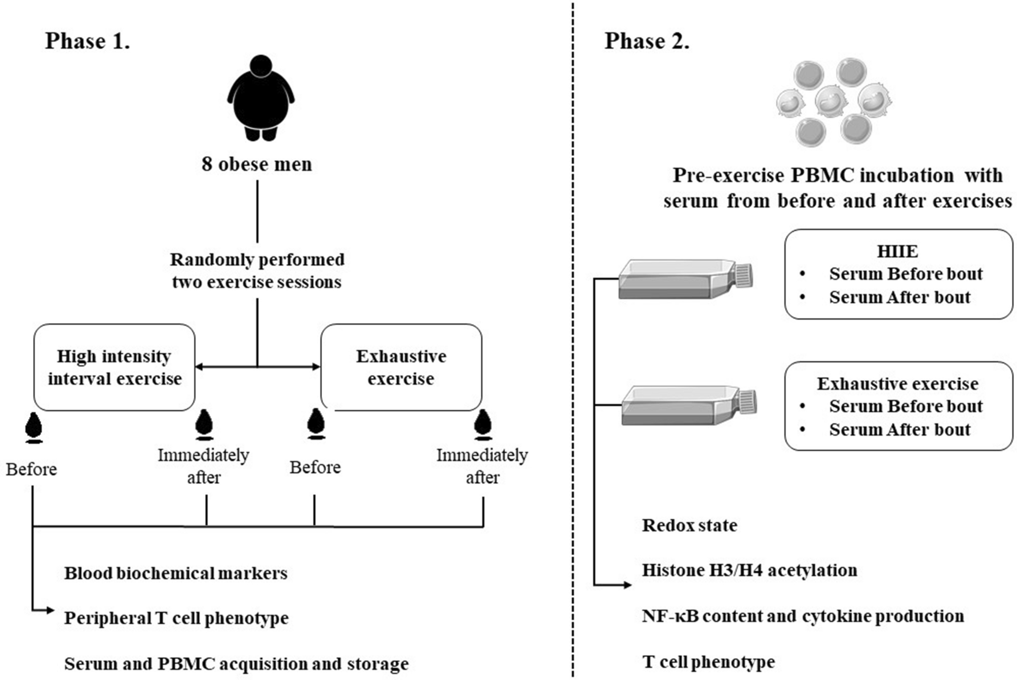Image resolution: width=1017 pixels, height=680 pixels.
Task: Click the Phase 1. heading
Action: coord(87,41)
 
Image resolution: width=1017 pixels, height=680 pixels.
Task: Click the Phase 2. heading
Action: coord(647,41)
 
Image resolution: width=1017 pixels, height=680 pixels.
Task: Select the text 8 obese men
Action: coord(257,164)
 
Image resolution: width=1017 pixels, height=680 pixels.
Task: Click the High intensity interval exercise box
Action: coord(115,367)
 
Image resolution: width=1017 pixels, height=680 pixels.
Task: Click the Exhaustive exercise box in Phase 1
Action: coord(401,367)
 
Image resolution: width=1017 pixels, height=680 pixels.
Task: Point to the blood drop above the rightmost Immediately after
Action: coord(482,424)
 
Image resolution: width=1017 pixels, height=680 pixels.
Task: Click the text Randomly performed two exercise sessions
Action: coord(257,270)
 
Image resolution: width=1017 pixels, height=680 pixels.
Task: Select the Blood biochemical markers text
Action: coord(175,573)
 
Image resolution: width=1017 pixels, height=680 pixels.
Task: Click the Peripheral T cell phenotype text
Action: coord(176,618)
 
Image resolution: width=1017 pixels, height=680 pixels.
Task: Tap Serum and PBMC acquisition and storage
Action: coord(236,664)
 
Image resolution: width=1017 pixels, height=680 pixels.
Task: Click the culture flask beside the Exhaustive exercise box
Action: coord(688,405)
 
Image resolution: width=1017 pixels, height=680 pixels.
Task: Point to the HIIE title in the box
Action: coord(897,251)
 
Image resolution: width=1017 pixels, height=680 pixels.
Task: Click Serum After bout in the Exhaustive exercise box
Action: coord(899,430)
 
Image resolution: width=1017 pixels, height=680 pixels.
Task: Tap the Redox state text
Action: coord(689,525)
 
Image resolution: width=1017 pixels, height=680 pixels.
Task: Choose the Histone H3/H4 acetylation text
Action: coord(749,570)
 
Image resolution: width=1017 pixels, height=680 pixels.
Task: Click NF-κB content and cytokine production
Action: coord(803,616)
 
